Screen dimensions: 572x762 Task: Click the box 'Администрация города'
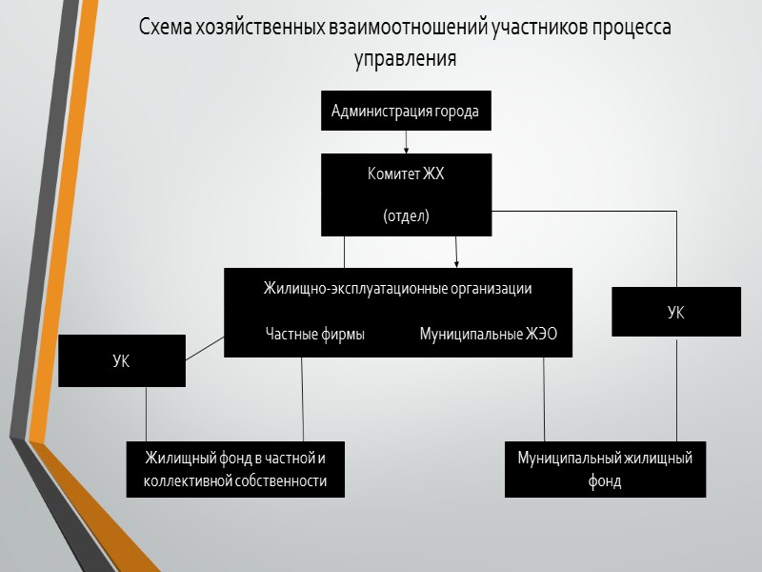406,112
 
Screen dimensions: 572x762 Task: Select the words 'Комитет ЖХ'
406,174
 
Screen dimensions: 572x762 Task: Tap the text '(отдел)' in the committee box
406,216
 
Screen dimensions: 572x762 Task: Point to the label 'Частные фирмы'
314,334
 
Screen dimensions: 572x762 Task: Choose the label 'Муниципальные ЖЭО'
489,334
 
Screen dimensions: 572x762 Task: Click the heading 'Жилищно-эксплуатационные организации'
397,288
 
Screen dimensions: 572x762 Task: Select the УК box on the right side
675,312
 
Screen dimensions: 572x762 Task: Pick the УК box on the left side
122,360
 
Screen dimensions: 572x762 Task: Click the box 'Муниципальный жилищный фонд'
605,469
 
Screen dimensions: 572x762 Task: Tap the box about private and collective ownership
235,469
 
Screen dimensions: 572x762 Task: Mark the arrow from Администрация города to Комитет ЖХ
407,141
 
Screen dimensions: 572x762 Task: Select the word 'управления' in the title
406,57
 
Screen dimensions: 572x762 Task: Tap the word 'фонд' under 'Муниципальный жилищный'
605,481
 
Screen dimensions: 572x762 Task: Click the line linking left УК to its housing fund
146,414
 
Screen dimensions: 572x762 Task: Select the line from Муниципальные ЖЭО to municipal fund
544,398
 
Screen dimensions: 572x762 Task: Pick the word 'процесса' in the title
632,27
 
